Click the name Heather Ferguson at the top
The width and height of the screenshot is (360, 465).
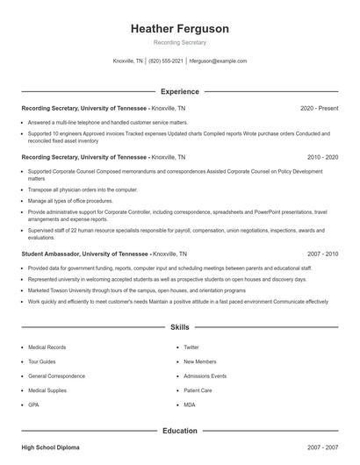(179, 29)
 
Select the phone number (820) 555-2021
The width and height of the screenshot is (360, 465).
(166, 61)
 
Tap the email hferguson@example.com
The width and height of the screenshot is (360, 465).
(218, 61)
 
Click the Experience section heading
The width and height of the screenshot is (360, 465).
(179, 91)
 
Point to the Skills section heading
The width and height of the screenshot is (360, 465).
(179, 327)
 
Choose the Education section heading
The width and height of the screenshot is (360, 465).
(179, 431)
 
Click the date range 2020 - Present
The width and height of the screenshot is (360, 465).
(319, 108)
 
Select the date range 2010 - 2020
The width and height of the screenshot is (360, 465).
(322, 157)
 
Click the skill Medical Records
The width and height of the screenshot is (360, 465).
(47, 347)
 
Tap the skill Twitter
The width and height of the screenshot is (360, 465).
(191, 347)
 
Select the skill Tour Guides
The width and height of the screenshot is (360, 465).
(42, 361)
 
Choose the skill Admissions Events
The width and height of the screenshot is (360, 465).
(205, 376)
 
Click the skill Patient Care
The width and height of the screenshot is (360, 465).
(198, 390)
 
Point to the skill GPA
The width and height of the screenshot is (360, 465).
(34, 404)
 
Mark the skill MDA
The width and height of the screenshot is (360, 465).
(190, 404)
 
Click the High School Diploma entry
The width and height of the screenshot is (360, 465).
(50, 447)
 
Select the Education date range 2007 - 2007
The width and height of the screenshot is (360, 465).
(322, 447)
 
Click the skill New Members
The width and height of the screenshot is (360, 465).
(200, 361)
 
